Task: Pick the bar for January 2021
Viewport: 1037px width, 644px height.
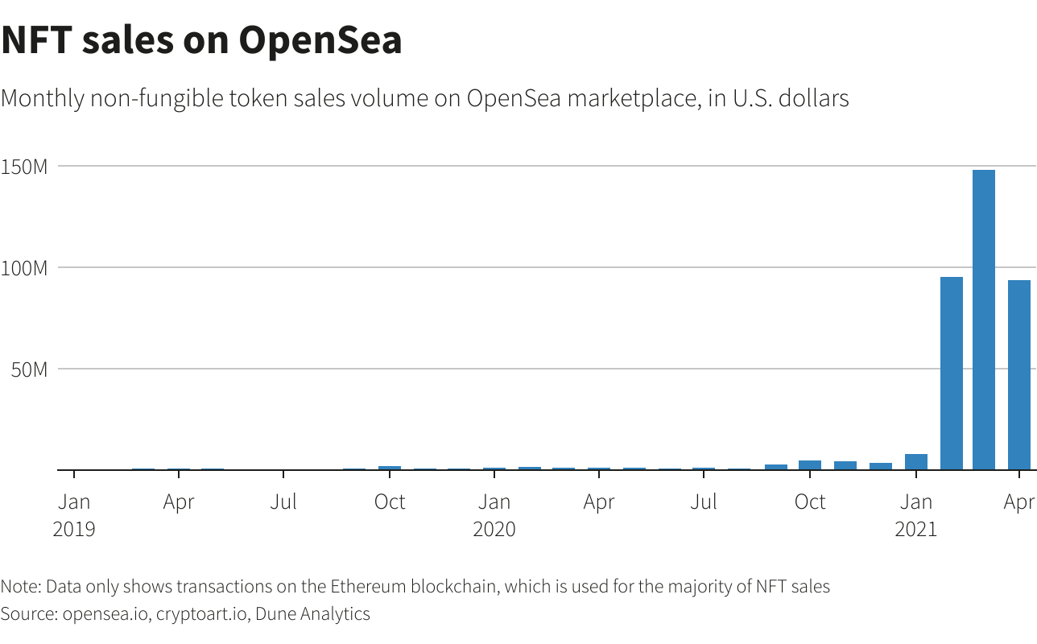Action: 915,461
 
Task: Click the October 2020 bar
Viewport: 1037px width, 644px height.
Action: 810,464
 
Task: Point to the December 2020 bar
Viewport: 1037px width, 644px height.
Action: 880,466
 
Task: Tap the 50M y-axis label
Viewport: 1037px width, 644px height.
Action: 28,369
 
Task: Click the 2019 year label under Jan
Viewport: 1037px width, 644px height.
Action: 73,529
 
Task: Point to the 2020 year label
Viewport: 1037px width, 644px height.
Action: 494,529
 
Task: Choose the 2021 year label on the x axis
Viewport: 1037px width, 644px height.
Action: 915,529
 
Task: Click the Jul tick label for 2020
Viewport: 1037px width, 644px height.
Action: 704,502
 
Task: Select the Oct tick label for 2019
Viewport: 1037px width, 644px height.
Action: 389,502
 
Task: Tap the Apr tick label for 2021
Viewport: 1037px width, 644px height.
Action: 1018,502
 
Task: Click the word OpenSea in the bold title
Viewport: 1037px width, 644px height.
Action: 320,40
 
